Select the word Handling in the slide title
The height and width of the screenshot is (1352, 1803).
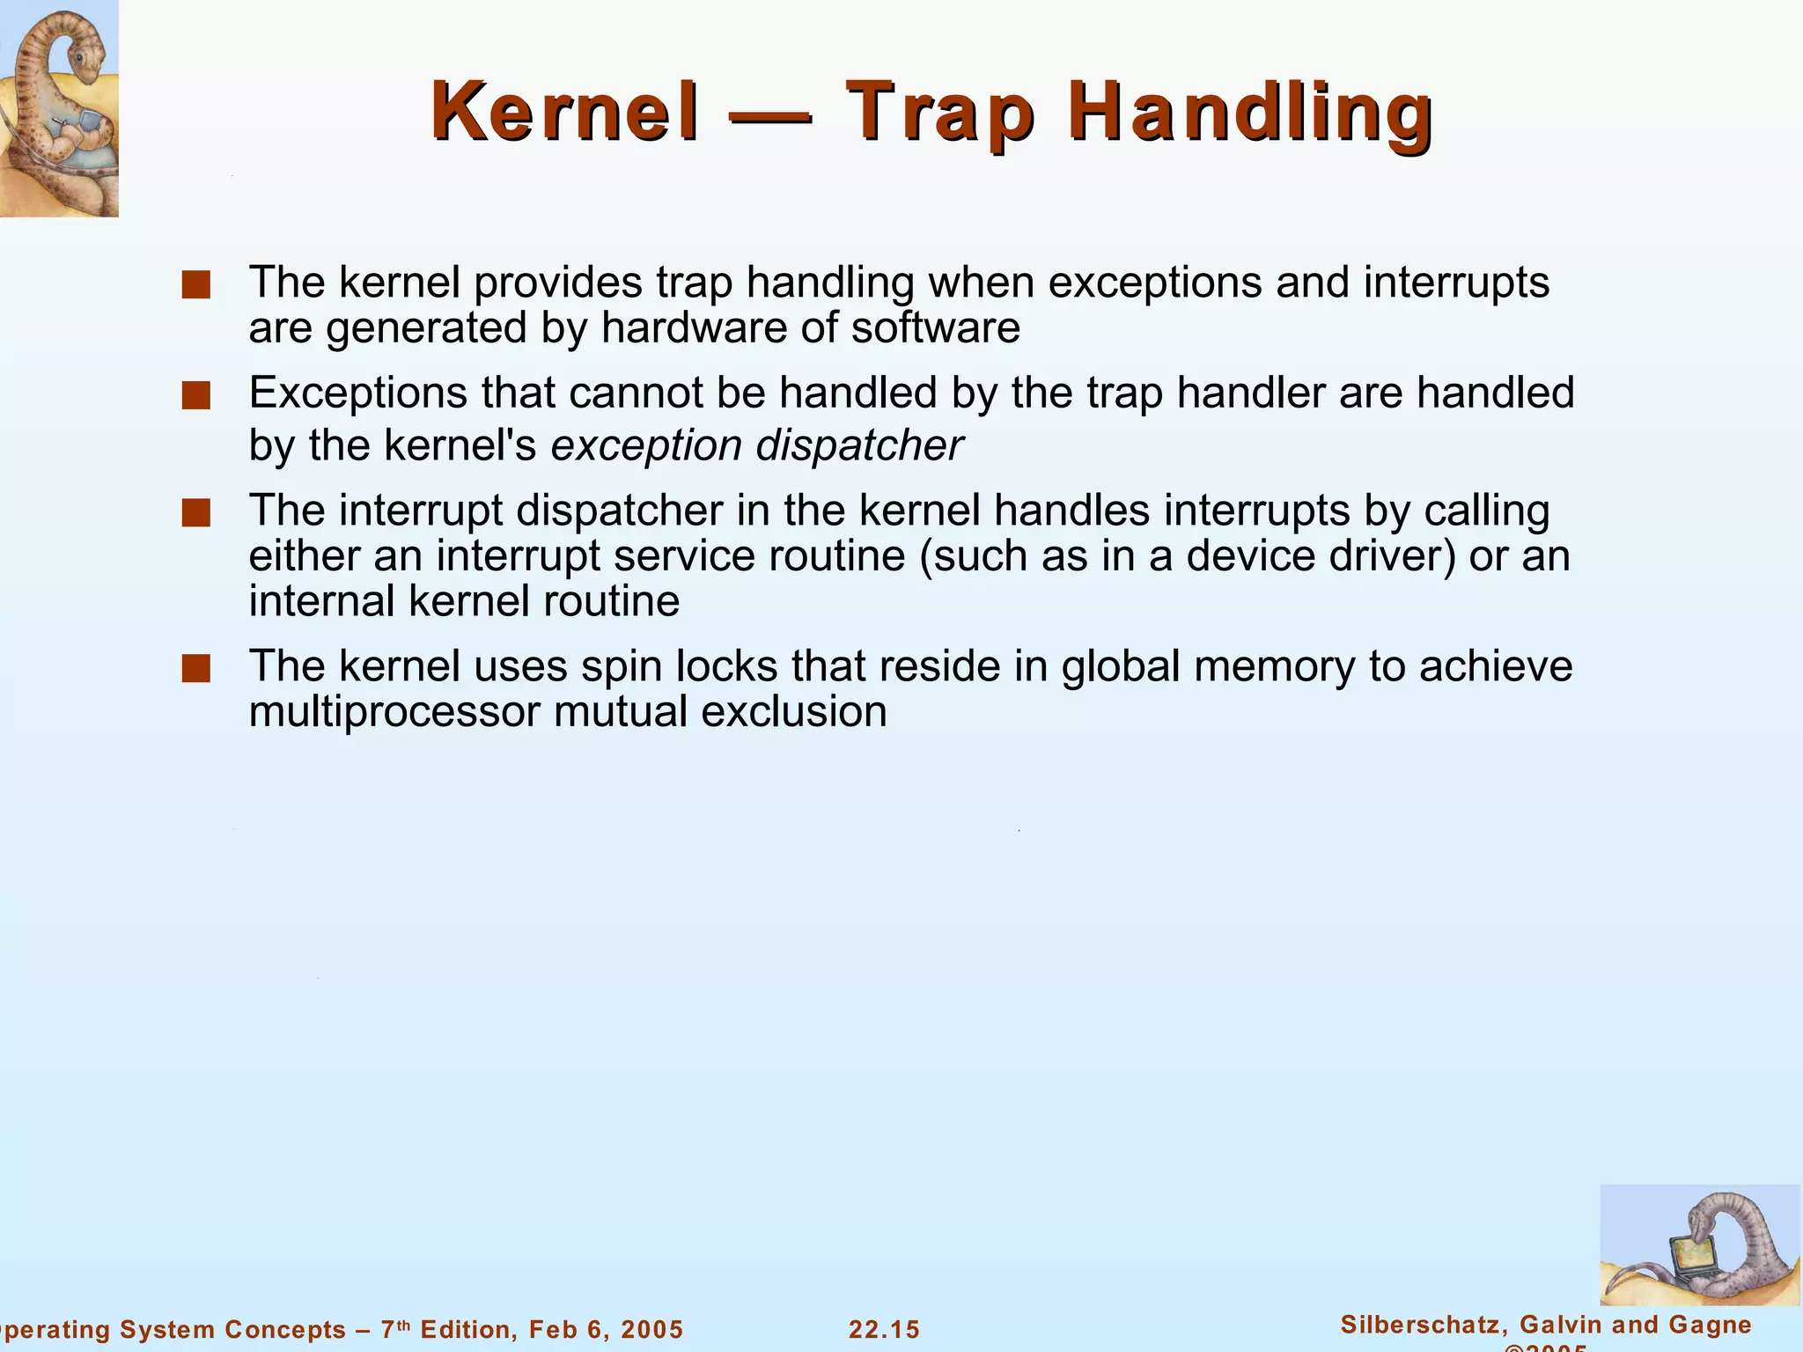[1251, 112]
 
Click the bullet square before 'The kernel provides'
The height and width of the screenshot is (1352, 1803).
[195, 285]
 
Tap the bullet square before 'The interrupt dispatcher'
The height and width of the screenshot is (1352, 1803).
[195, 513]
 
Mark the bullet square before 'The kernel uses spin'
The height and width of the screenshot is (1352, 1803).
[195, 668]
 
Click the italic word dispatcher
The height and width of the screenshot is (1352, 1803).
[859, 445]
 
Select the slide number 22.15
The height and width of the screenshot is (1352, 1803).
[884, 1329]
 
